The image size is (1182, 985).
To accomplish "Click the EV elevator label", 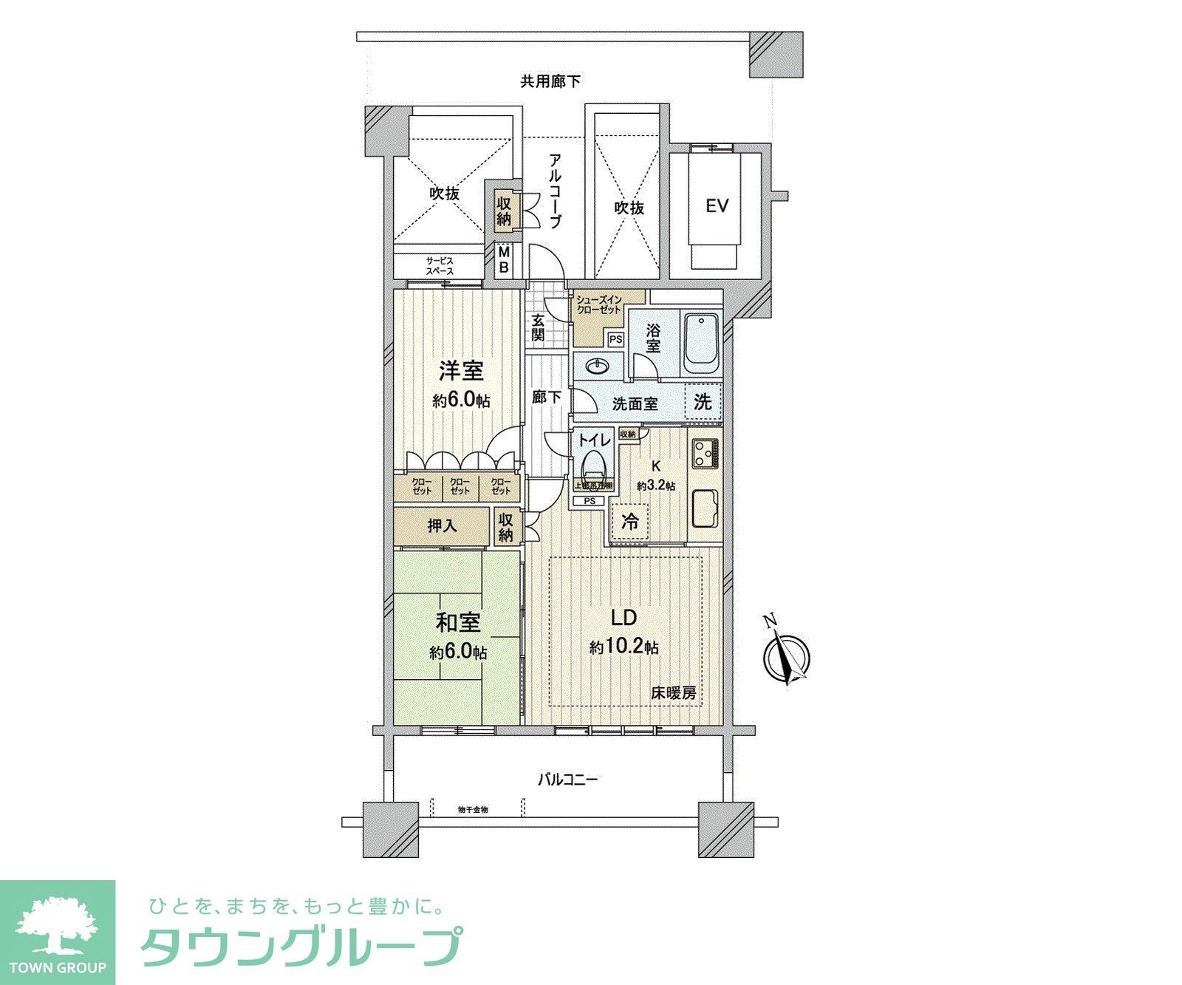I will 717,205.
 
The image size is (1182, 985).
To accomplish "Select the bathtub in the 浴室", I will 700,343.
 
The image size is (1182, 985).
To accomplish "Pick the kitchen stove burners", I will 704,452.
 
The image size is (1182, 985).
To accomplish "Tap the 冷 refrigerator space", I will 630,522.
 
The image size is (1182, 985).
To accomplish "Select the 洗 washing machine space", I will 703,403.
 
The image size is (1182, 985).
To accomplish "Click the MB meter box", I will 504,259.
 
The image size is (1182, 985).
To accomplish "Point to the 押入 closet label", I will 442,525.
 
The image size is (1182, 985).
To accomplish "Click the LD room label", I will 623,618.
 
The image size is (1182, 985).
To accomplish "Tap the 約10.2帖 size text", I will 624,648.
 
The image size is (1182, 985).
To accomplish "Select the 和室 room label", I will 458,623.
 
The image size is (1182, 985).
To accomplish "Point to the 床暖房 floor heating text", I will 673,694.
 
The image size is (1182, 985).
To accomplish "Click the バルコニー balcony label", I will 567,779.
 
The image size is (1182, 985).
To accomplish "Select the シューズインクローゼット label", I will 600,304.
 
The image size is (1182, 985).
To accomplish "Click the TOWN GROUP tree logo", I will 57,924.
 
